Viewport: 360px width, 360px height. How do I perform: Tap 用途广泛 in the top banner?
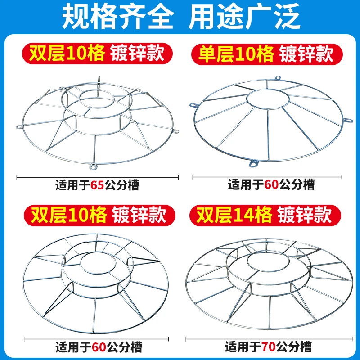pyautogui.click(x=244, y=17)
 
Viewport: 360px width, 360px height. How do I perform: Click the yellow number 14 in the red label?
pyautogui.click(x=244, y=216)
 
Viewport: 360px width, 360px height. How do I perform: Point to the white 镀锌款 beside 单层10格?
pyautogui.click(x=306, y=54)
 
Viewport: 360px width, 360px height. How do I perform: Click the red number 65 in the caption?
pyautogui.click(x=97, y=185)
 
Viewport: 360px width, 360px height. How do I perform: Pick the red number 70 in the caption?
pyautogui.click(x=268, y=346)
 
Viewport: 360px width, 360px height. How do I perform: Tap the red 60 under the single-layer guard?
pyautogui.click(x=271, y=184)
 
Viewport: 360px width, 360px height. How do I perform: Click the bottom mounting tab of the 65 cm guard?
pyautogui.click(x=93, y=166)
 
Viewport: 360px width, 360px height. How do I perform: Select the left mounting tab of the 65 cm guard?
pyautogui.click(x=19, y=126)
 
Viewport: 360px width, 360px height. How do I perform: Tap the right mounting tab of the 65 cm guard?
pyautogui.click(x=176, y=132)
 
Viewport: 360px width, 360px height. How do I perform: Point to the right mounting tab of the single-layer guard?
pyautogui.click(x=347, y=120)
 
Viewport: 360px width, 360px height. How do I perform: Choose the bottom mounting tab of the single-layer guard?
pyautogui.click(x=254, y=163)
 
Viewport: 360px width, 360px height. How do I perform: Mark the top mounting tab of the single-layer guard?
pyautogui.click(x=278, y=78)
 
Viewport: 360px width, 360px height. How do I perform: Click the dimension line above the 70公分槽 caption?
pyautogui.click(x=269, y=338)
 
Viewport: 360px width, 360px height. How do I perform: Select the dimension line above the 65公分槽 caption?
pyautogui.click(x=97, y=177)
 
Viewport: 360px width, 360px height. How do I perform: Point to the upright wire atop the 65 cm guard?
pyautogui.click(x=99, y=86)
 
